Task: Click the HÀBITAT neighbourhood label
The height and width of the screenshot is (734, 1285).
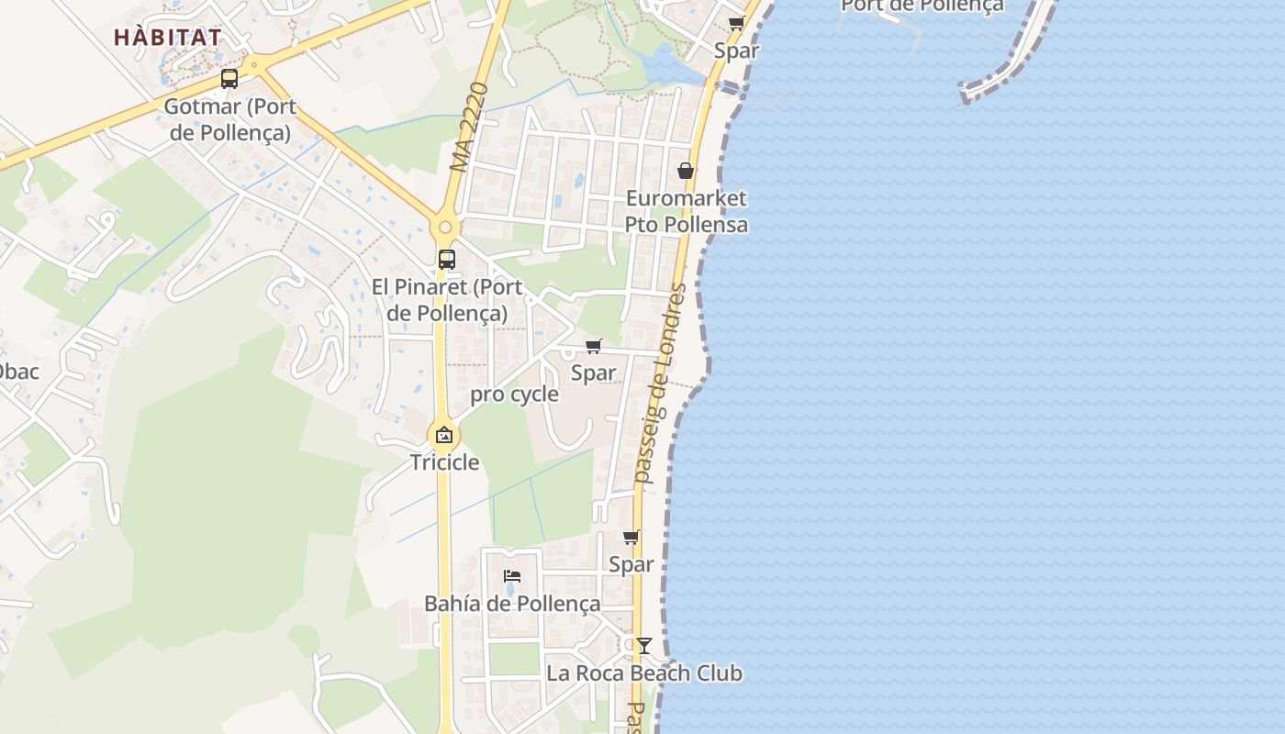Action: [x=168, y=38]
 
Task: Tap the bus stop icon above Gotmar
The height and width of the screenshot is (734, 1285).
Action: [x=229, y=79]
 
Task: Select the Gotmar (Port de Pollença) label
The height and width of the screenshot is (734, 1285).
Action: [x=230, y=120]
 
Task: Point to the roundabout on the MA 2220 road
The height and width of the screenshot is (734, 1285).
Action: [x=445, y=227]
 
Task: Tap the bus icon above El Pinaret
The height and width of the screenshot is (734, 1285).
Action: [x=447, y=260]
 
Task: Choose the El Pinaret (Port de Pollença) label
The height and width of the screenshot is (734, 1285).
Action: [x=447, y=300]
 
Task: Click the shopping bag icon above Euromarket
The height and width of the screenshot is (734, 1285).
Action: [x=686, y=171]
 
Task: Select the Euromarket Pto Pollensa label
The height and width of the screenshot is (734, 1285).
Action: [x=686, y=211]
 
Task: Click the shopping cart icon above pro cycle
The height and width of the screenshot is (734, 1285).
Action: [x=594, y=347]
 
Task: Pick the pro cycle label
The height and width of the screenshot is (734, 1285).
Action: [x=514, y=395]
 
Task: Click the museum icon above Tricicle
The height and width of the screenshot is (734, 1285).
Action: [x=444, y=435]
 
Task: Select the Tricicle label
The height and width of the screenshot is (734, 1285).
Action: [x=444, y=462]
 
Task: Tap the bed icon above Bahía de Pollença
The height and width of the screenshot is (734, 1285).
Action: [x=512, y=576]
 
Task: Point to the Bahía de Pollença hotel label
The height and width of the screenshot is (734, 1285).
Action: [x=512, y=604]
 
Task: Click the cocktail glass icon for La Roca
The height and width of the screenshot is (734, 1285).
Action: [x=644, y=646]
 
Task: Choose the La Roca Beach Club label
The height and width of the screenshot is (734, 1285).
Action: [x=644, y=673]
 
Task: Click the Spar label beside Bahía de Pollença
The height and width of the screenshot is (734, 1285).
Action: [x=631, y=564]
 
